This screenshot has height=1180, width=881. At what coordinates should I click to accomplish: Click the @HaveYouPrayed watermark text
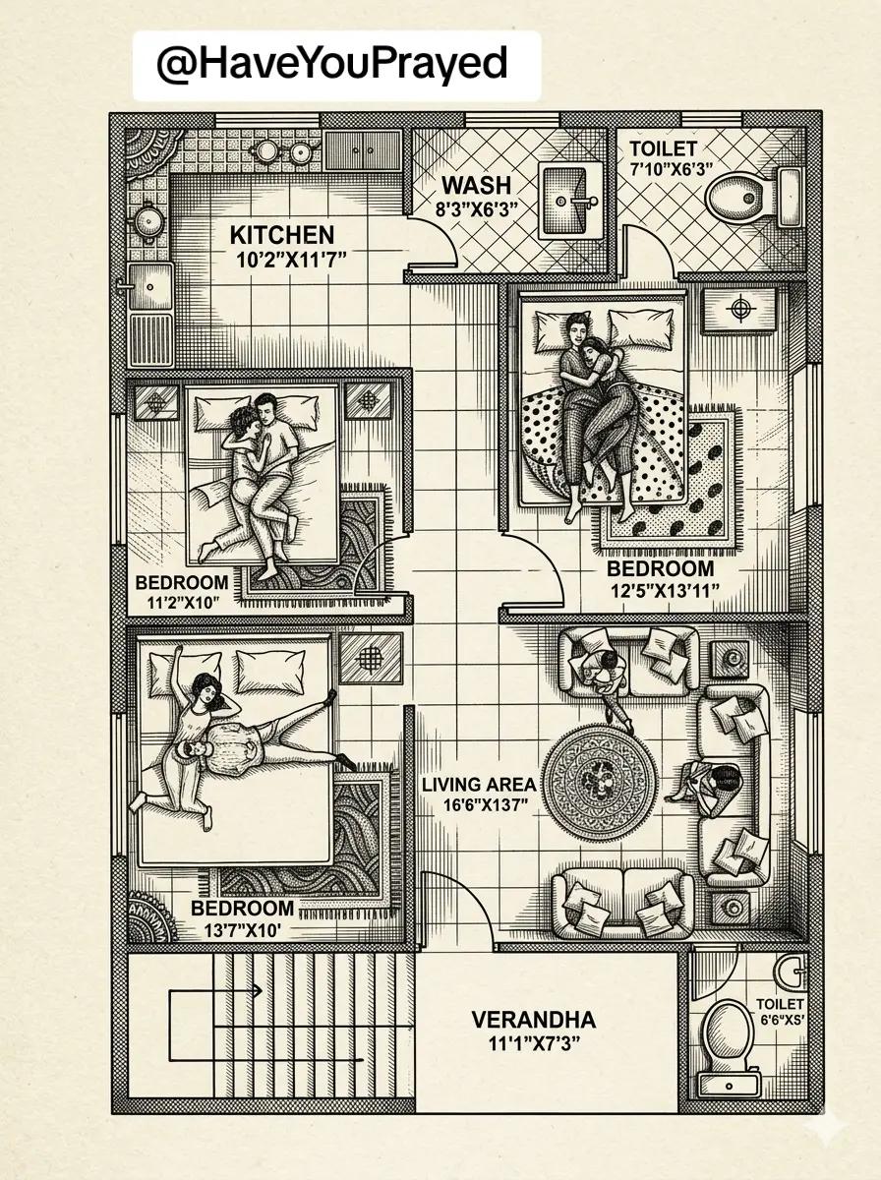pos(331,64)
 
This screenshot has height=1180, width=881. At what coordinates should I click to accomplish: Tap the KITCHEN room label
pos(282,235)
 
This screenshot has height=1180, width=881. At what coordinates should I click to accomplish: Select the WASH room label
pos(476,185)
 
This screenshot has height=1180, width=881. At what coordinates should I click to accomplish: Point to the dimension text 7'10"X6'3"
pos(672,169)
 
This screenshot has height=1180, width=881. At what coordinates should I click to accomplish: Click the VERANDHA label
pos(534,1020)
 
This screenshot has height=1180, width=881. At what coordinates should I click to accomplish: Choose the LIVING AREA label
pos(479,785)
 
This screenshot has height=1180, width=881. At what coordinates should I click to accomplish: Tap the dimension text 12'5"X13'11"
pos(665,591)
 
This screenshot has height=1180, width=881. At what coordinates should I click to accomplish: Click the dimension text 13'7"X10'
pos(243,930)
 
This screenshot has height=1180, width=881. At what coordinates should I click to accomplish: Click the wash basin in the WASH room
pos(569,202)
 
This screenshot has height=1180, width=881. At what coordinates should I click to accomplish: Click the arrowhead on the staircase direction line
pos(258,991)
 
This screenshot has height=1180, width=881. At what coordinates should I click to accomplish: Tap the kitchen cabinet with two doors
pos(363,150)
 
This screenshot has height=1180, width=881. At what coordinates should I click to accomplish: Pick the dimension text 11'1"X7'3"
pos(534,1044)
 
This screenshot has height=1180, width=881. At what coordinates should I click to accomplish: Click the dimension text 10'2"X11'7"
pos(291,261)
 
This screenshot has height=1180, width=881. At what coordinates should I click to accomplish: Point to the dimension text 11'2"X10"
pos(184,603)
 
